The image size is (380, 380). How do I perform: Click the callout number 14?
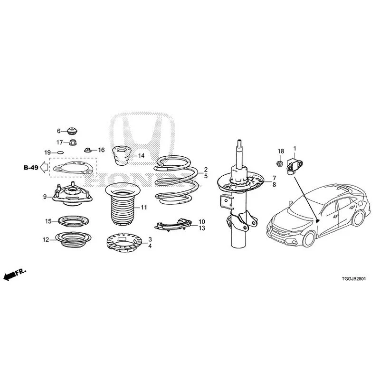pyautogui.click(x=141, y=156)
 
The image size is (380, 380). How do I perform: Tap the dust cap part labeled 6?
pyautogui.click(x=72, y=131)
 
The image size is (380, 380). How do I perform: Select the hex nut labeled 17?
pyautogui.click(x=73, y=142)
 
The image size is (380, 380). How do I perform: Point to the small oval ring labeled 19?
pyautogui.click(x=60, y=152)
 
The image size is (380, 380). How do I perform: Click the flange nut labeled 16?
pyautogui.click(x=88, y=150)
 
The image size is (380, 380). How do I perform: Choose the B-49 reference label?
pyautogui.click(x=31, y=168)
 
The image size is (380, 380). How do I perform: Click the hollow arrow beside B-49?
pyautogui.click(x=44, y=167)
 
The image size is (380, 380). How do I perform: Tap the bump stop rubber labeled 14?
pyautogui.click(x=122, y=155)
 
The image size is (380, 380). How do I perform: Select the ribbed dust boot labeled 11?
pyautogui.click(x=123, y=204)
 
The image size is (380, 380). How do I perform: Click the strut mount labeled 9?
pyautogui.click(x=73, y=194)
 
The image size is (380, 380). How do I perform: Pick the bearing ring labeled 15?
pyautogui.click(x=74, y=221)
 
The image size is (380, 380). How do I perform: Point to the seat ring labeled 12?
pyautogui.click(x=74, y=239)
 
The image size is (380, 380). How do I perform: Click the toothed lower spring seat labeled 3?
pyautogui.click(x=124, y=242)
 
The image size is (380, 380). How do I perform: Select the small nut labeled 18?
pyautogui.click(x=280, y=163)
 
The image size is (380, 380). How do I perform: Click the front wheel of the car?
pyautogui.click(x=309, y=239)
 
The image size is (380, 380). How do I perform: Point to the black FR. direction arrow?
pyautogui.click(x=15, y=275)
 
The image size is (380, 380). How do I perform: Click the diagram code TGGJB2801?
pyautogui.click(x=354, y=279)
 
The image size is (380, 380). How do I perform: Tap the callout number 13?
pyautogui.click(x=202, y=228)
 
